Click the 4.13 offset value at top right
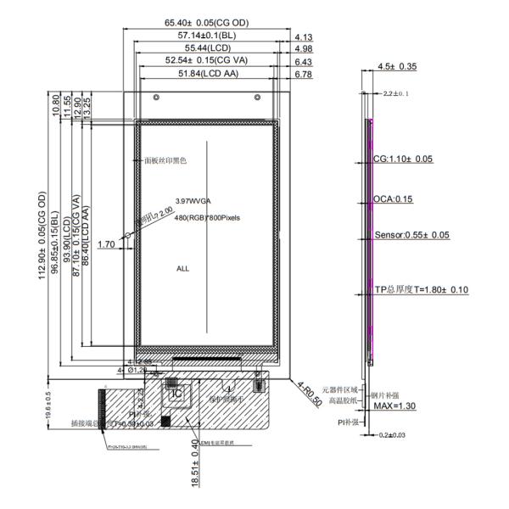[x=303, y=36]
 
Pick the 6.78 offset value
[x=303, y=75]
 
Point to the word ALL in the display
[x=182, y=268]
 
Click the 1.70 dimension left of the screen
[x=106, y=244]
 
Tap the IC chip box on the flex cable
[x=176, y=393]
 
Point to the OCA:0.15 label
[x=393, y=199]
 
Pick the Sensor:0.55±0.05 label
[x=411, y=235]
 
